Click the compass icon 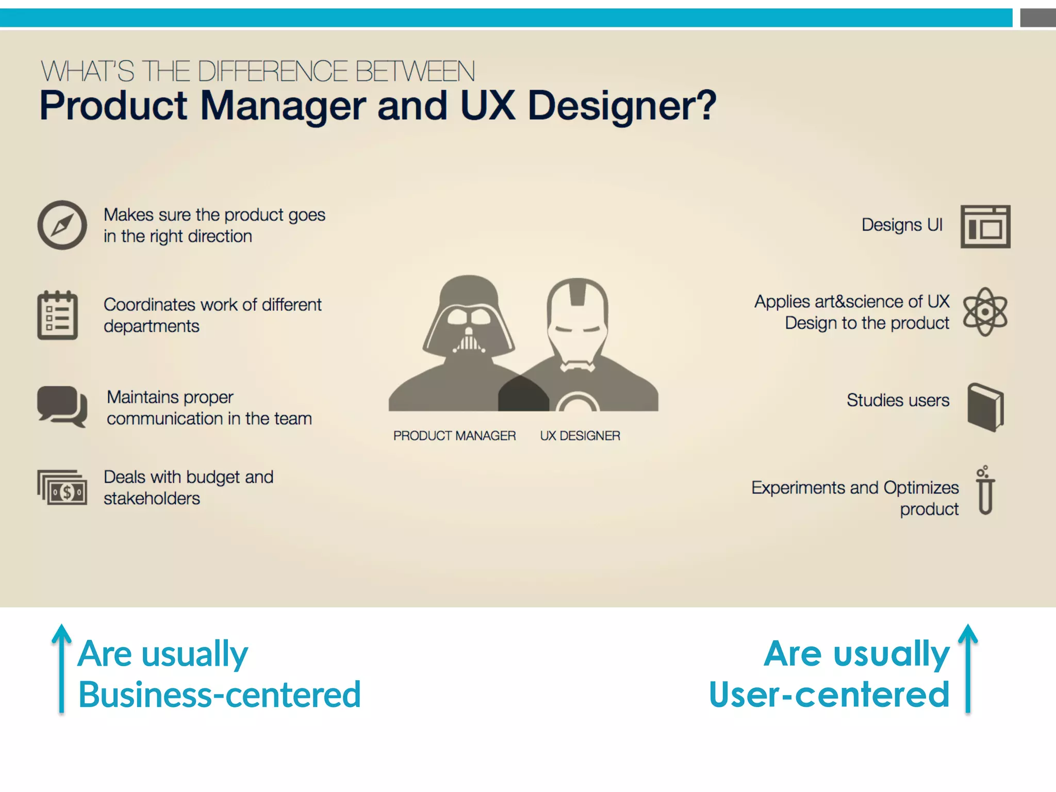click(x=62, y=225)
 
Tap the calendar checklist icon click(x=57, y=315)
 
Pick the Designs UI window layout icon click(x=985, y=226)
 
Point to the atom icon click(x=985, y=312)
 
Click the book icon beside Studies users click(x=985, y=407)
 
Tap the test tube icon click(x=985, y=491)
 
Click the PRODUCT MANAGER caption click(x=454, y=436)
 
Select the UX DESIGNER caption click(x=580, y=436)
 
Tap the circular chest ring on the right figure click(x=578, y=403)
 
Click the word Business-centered click(x=220, y=695)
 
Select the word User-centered click(x=829, y=695)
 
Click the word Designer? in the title click(x=622, y=106)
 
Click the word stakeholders click(x=152, y=499)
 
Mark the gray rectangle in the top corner click(x=1037, y=18)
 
